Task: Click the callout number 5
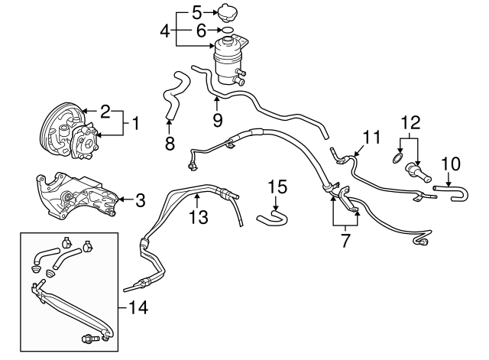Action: (x=196, y=12)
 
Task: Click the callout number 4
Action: (x=164, y=31)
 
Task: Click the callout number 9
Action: (x=217, y=121)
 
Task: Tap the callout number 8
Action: (x=169, y=143)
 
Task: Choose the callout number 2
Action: (x=105, y=111)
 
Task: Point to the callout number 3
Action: (x=140, y=201)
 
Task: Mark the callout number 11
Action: (x=371, y=138)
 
